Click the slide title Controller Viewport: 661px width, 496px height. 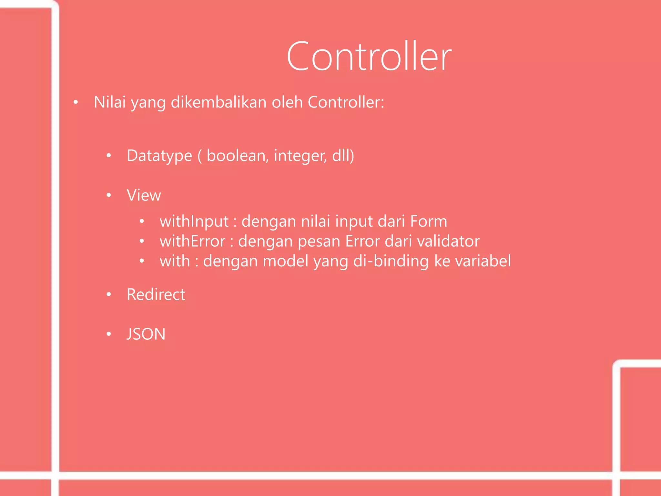pyautogui.click(x=369, y=57)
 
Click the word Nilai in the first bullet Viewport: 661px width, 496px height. pyautogui.click(x=109, y=102)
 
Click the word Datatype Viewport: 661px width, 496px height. pyautogui.click(x=159, y=156)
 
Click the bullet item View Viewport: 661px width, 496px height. pyautogui.click(x=144, y=195)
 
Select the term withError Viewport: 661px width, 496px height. pyautogui.click(x=192, y=242)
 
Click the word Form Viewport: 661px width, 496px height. pyautogui.click(x=429, y=222)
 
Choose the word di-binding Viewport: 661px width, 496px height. pyautogui.click(x=391, y=261)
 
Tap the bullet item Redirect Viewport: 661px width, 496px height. pyautogui.click(x=156, y=294)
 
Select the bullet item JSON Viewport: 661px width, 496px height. pyautogui.click(x=146, y=334)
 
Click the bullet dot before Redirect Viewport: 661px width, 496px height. pyautogui.click(x=109, y=294)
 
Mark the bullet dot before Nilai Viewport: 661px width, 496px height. pyautogui.click(x=76, y=103)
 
